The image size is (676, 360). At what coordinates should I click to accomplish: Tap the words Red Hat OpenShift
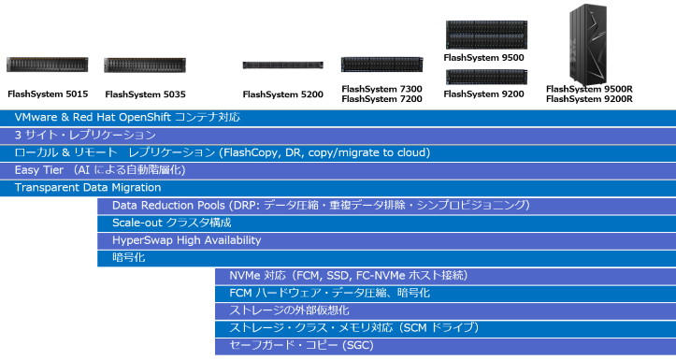[x=122, y=118]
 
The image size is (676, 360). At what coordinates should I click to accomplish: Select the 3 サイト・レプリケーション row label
[x=85, y=136]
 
